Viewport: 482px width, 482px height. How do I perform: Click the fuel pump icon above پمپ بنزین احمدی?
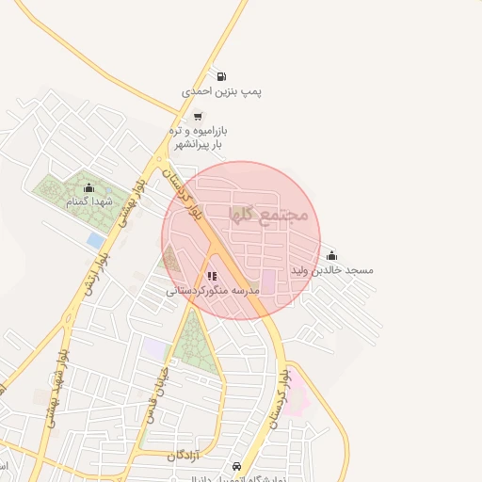220,77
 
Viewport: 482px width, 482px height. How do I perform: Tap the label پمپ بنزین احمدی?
221,92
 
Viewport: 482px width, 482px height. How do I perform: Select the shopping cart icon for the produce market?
198,116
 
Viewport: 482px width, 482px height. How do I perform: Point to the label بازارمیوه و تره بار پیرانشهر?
199,137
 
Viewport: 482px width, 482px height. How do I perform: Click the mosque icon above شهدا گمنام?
89,187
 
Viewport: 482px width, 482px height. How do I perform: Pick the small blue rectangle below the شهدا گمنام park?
95,241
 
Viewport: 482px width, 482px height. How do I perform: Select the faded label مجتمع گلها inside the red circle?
270,215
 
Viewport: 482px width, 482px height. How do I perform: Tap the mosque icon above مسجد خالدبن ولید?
331,255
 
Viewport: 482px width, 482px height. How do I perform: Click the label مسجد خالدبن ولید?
332,270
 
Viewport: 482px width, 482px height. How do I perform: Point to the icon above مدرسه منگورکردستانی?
212,276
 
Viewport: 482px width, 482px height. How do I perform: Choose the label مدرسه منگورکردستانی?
213,291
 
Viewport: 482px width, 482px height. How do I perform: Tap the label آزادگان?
185,456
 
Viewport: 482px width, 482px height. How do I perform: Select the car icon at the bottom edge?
236,467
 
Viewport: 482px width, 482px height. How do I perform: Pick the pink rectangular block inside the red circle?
267,281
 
